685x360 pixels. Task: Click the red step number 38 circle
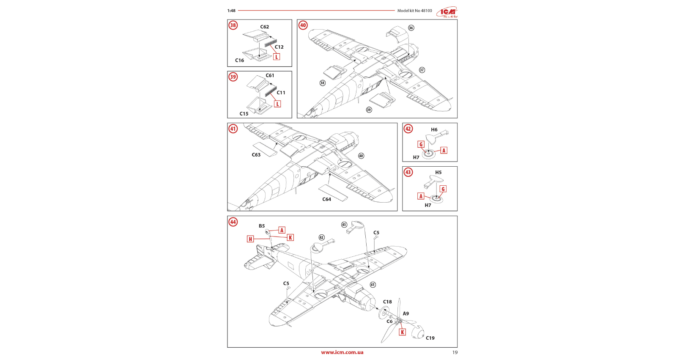click(x=233, y=25)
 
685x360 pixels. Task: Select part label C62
click(x=265, y=27)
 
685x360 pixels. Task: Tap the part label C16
click(x=239, y=60)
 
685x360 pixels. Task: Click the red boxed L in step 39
click(x=277, y=104)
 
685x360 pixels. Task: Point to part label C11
click(x=281, y=93)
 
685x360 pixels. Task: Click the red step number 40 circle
click(x=303, y=25)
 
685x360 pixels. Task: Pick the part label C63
click(x=256, y=155)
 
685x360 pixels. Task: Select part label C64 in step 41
click(x=327, y=199)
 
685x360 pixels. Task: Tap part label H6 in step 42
click(x=434, y=130)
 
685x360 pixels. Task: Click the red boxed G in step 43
click(x=443, y=189)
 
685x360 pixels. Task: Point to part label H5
click(x=438, y=173)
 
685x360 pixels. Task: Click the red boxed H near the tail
click(x=250, y=239)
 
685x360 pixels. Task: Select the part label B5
click(x=262, y=226)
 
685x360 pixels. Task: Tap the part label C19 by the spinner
click(x=430, y=338)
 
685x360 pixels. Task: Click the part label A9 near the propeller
click(x=406, y=314)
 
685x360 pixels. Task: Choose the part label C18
click(x=387, y=302)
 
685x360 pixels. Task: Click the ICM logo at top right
click(x=447, y=12)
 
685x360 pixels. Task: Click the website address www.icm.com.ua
click(x=342, y=352)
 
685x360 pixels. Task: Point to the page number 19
click(x=455, y=352)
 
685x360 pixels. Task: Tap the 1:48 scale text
click(x=231, y=11)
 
